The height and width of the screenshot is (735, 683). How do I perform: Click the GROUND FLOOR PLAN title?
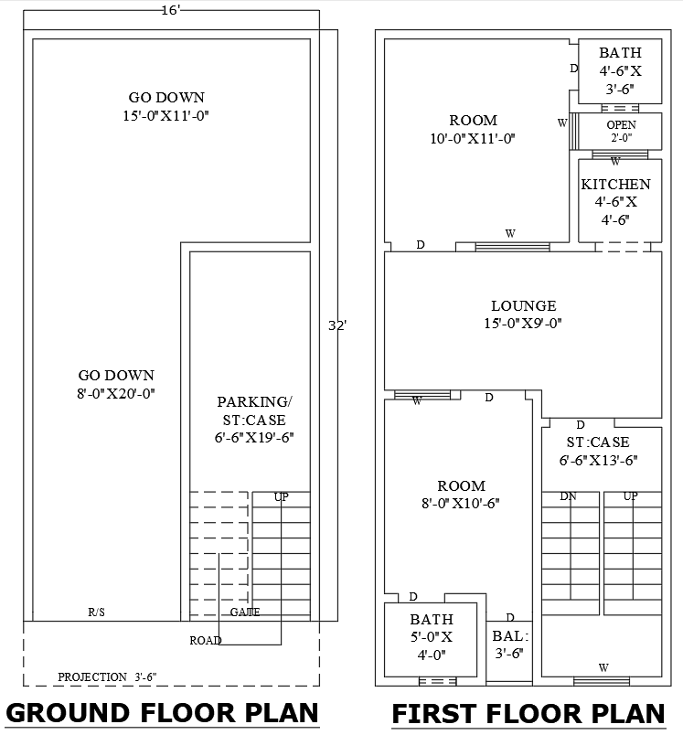point(162,712)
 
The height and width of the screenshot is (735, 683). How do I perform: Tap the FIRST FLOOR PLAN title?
point(528,713)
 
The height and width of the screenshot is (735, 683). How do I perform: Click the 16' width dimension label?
point(171,10)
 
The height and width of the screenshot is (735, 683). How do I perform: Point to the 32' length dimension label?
point(337,325)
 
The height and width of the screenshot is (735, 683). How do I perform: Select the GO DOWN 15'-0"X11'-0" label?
point(165,106)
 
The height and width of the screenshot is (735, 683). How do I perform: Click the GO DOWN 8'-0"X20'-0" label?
point(116,384)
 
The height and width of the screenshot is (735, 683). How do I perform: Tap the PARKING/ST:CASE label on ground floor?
point(254,420)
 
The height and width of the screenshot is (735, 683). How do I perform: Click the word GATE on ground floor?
point(245,612)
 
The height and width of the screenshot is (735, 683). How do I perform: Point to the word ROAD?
point(206,640)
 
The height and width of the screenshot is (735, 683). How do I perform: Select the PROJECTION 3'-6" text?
point(107,676)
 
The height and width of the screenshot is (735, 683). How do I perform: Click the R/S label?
point(96,612)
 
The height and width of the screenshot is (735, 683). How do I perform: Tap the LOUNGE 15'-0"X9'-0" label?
point(523,314)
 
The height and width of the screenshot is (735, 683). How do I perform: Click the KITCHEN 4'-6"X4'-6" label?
point(615,201)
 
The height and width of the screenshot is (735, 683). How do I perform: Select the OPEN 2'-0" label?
point(621,132)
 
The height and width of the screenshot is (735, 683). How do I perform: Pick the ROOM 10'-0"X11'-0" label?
point(473,129)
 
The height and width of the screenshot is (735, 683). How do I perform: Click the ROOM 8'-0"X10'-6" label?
point(461,494)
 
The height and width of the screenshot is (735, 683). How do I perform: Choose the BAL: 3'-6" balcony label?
point(509,644)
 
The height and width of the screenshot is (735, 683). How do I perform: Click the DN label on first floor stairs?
point(568,496)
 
